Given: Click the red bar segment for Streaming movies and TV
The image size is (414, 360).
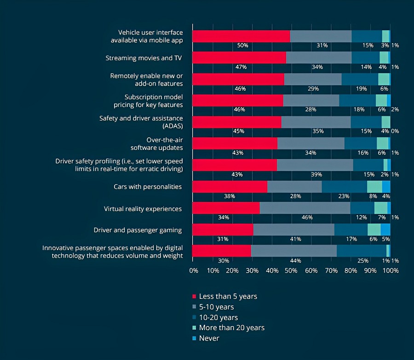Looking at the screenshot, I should tap(239, 57).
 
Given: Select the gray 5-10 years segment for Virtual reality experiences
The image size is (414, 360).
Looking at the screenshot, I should tap(305, 208).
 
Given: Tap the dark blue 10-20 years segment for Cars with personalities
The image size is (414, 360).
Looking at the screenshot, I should tap(344, 187).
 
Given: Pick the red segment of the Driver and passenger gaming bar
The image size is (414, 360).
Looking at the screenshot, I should tap(222, 229).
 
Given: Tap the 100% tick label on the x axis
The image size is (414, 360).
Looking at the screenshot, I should tap(391, 271).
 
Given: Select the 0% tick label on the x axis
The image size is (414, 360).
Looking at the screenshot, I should tap(194, 271).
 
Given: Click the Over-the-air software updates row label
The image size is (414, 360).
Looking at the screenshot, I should tap(157, 143).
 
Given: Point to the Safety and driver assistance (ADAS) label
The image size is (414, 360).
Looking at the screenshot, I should tap(141, 122).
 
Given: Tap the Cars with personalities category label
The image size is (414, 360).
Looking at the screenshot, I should tap(148, 187).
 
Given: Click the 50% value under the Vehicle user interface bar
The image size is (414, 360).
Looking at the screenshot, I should tap(242, 46).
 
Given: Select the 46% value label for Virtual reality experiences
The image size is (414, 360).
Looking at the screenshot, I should tap(307, 217).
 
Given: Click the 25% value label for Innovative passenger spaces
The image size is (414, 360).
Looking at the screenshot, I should tap(363, 261).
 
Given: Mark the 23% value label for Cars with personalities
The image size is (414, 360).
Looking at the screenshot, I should tap(344, 196).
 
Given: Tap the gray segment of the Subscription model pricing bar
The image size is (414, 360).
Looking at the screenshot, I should tap(311, 101).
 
